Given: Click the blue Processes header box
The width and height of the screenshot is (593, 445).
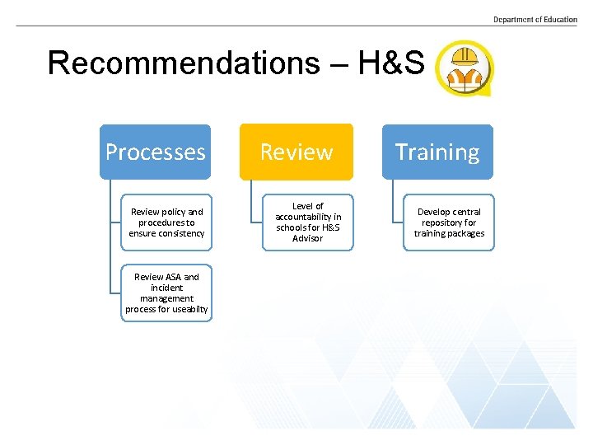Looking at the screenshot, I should [x=155, y=152].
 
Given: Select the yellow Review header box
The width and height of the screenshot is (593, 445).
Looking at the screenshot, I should [x=296, y=152].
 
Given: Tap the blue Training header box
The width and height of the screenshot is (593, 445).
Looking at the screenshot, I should [x=437, y=152].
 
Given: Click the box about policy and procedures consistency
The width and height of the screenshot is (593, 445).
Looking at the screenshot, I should [x=166, y=222].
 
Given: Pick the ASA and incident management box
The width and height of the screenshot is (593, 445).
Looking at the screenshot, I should [x=166, y=293].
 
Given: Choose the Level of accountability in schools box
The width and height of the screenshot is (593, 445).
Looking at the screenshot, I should [x=308, y=222].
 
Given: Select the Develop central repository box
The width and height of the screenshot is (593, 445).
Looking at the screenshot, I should [x=449, y=222].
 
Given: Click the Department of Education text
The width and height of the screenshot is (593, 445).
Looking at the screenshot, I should [x=535, y=20].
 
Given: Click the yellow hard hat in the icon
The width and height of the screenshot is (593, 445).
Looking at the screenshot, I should [x=464, y=56].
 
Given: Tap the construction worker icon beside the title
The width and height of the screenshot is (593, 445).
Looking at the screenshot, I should [x=464, y=68].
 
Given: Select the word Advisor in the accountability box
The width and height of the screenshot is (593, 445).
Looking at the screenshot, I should [x=308, y=239].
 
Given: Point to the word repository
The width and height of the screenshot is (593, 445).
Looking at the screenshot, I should [x=449, y=222].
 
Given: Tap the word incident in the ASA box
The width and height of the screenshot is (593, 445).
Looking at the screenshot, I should [x=166, y=288].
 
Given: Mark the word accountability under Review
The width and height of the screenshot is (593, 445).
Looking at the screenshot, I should [x=308, y=217].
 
